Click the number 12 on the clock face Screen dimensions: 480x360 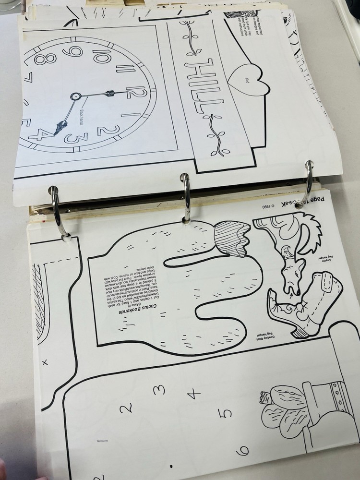pyautogui.click(x=135, y=90)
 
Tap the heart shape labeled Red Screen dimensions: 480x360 pyautogui.click(x=241, y=75)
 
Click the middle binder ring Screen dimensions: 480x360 pyautogui.click(x=185, y=197)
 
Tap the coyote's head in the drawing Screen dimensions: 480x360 pyautogui.click(x=291, y=278)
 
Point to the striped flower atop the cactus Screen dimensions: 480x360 pyautogui.click(x=232, y=238)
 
